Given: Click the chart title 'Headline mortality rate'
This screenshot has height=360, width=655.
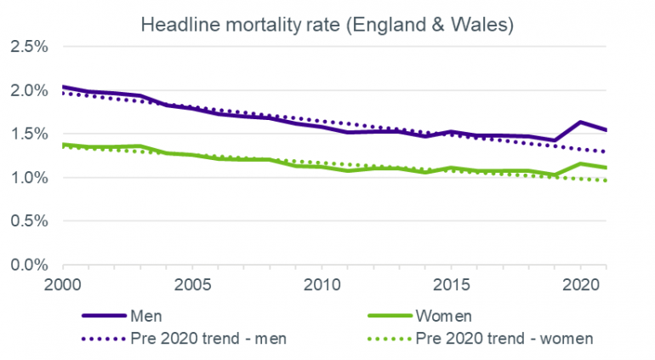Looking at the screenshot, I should click(327, 25).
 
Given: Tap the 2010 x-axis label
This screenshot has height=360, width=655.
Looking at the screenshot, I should click(321, 282).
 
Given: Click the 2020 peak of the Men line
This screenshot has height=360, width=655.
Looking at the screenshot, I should click(580, 122).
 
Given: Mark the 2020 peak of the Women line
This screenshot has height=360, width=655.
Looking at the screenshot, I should click(580, 163).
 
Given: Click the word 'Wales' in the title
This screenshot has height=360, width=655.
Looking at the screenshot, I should click(483, 25).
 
